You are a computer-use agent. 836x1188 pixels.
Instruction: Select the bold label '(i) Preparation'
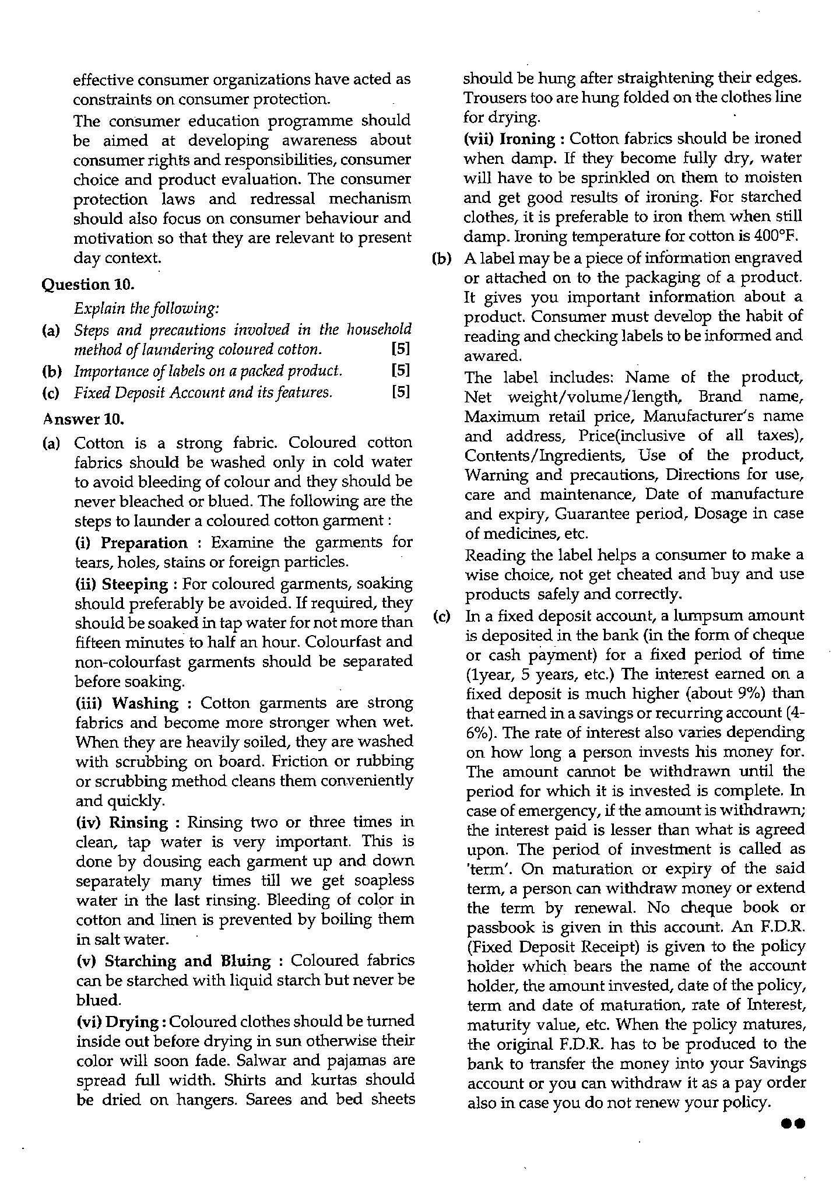coord(132,543)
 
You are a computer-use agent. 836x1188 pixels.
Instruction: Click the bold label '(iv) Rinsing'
coord(122,822)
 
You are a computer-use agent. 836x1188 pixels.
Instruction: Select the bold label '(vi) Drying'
coord(117,1022)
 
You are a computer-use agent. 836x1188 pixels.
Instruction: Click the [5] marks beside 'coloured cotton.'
coord(401,349)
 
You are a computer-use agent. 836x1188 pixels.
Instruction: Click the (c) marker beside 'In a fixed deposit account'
coord(442,616)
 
